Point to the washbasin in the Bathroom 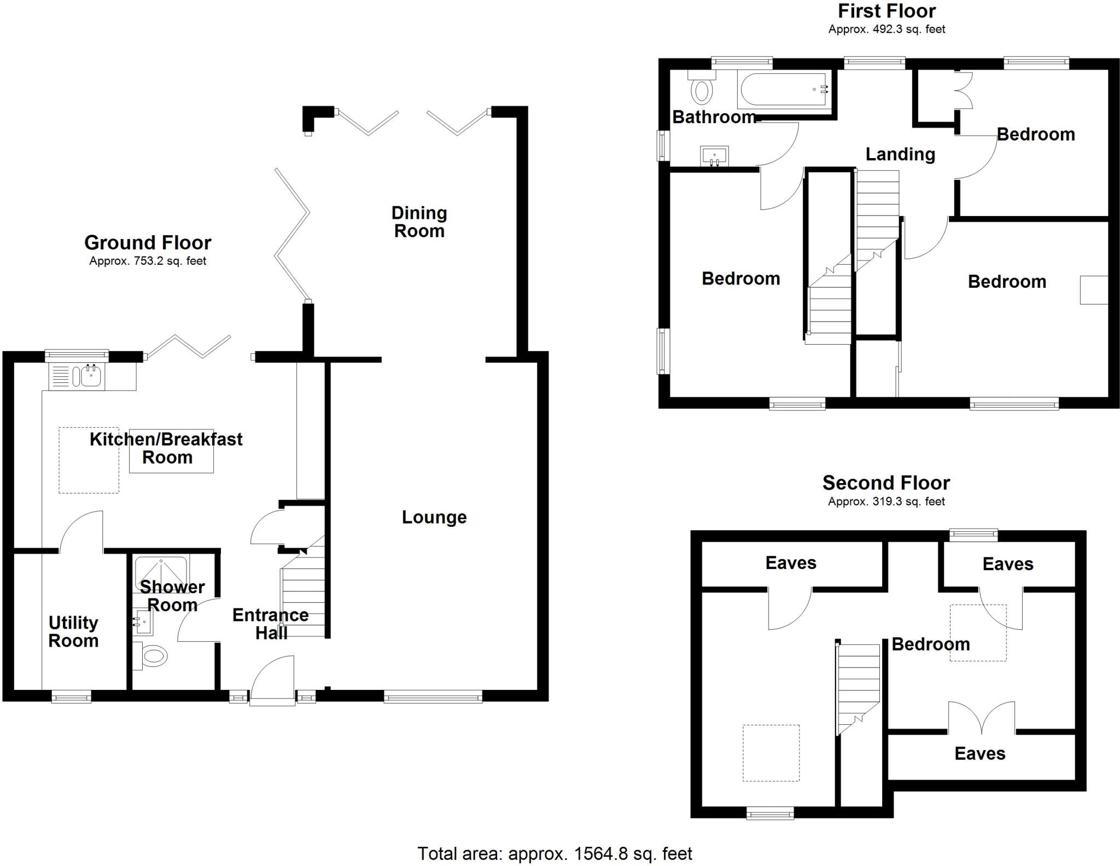tap(714, 156)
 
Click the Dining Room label tap(419, 222)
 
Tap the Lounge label tap(434, 517)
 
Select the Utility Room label tap(73, 631)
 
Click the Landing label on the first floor tap(900, 154)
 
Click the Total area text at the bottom tap(555, 853)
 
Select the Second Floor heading tap(886, 483)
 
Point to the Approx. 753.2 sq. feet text tap(148, 261)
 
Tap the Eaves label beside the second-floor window tap(1007, 564)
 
